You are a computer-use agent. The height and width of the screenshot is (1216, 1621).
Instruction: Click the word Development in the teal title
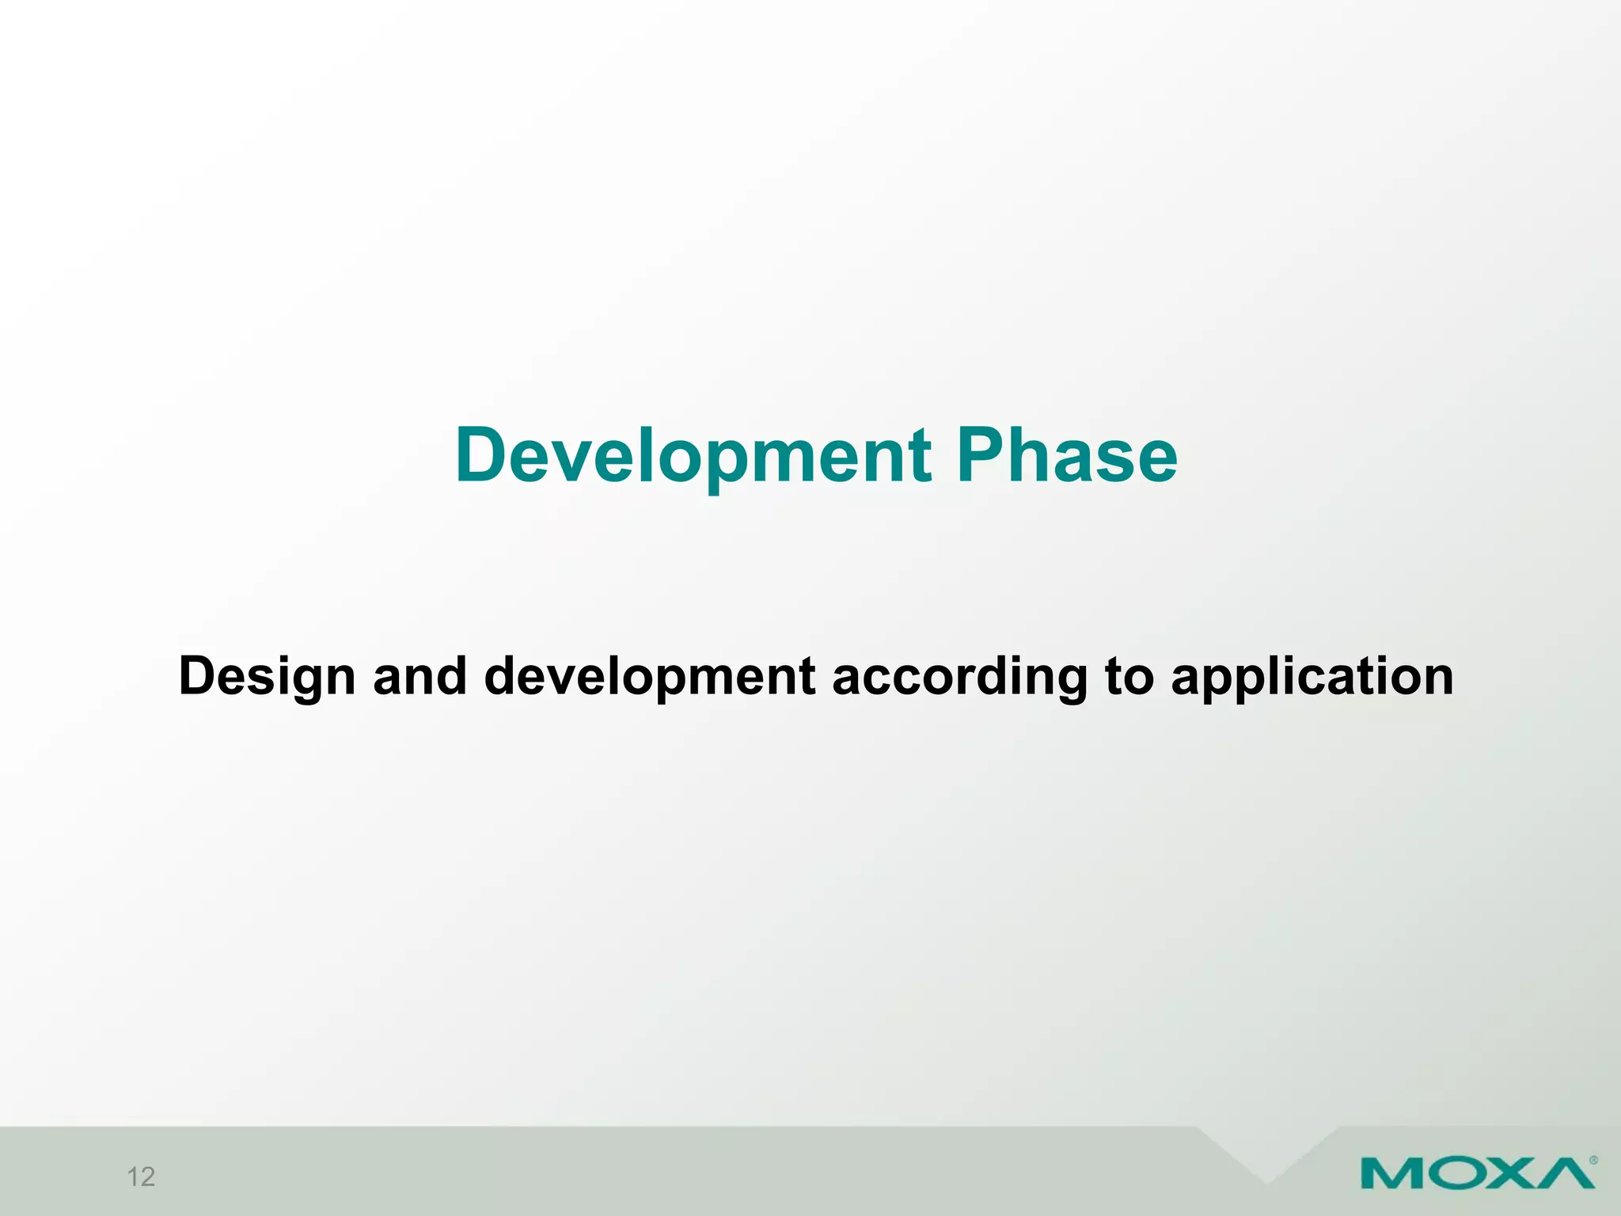(693, 458)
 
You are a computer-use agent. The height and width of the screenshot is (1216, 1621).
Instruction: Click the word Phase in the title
(1067, 456)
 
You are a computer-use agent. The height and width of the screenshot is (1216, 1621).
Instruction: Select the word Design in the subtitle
(267, 678)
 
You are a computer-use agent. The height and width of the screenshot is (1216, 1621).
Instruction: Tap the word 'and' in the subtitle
(419, 676)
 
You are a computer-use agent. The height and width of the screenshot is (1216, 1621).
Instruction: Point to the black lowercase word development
(649, 678)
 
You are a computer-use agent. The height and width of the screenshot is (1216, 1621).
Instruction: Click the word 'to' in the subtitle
(1129, 676)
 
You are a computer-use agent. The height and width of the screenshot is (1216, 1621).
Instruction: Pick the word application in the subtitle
(1312, 678)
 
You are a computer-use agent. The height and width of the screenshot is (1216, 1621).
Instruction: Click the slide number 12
(141, 1177)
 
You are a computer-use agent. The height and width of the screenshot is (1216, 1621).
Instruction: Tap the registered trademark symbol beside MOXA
(1593, 1161)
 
